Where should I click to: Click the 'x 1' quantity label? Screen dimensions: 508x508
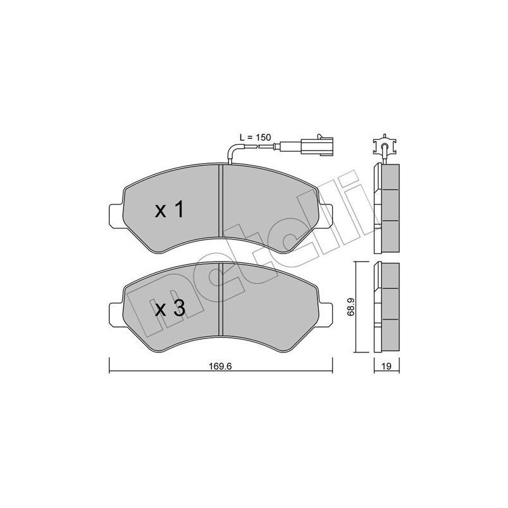pos(170,210)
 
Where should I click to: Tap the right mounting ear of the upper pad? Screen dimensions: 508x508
pos(327,215)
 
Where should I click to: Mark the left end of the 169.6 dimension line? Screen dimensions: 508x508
pos(110,364)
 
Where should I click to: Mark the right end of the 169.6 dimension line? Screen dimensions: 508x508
pos(332,364)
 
